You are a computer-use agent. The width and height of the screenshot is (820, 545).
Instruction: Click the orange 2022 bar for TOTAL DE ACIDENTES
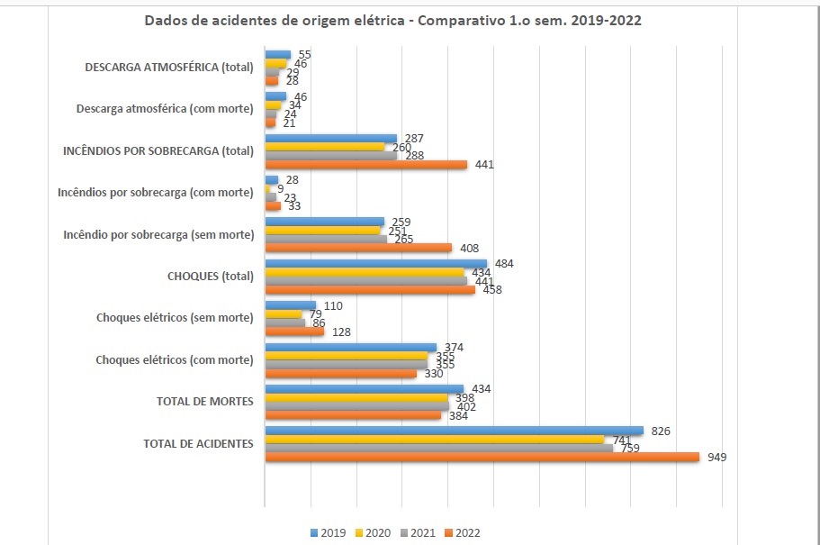tap(482, 457)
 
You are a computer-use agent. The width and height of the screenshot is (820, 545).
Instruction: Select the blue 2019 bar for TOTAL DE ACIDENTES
tap(454, 431)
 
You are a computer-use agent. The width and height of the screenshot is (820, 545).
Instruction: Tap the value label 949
tap(716, 458)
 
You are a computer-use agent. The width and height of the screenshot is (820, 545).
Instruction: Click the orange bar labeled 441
tap(365, 165)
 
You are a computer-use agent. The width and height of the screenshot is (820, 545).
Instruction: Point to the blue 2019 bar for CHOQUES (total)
tap(375, 264)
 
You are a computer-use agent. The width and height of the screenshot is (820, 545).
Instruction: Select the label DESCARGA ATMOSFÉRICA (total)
tap(169, 68)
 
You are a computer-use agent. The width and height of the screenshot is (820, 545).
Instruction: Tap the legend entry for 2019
tap(330, 533)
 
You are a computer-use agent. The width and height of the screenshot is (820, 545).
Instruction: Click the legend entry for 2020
tap(373, 533)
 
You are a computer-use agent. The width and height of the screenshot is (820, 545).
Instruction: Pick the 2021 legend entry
tap(417, 533)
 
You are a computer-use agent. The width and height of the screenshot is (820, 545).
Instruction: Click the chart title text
tap(392, 21)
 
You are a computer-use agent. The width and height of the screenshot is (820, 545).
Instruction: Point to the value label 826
tap(662, 431)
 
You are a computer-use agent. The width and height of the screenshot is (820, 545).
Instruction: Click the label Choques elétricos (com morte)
tap(174, 360)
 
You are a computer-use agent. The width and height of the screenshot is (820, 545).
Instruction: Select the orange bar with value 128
tap(293, 332)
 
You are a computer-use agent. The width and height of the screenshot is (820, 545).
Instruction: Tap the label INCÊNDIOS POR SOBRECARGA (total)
tap(158, 151)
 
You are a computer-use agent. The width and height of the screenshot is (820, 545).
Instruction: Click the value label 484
tap(505, 264)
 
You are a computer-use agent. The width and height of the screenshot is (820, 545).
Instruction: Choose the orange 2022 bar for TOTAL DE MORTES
tap(353, 415)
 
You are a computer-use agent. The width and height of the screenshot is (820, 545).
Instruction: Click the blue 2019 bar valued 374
tap(350, 347)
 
